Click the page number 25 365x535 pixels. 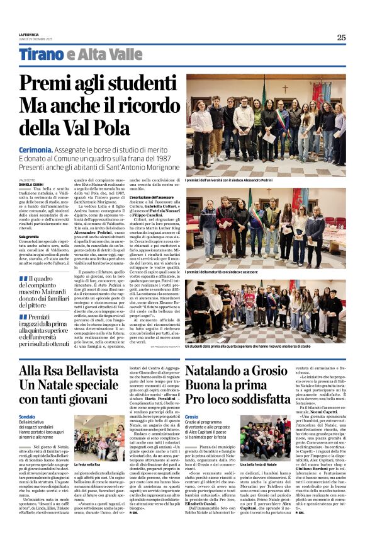click(341, 37)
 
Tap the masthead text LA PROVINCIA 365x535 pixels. click(28, 35)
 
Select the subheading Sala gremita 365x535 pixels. click(29, 237)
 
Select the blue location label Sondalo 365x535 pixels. click(27, 417)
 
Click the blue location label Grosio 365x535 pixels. click(192, 417)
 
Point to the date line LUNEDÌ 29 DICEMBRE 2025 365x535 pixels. click(36, 39)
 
